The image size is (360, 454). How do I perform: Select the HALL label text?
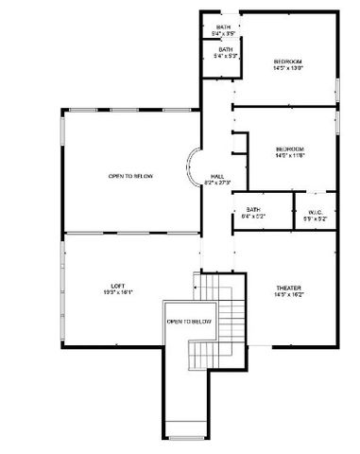pos(216,176)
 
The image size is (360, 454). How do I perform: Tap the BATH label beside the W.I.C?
pos(253,209)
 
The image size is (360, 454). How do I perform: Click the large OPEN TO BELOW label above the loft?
pos(130,176)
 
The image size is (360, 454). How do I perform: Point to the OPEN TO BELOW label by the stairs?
pos(190,322)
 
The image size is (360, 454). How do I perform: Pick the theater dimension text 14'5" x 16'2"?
pos(288,294)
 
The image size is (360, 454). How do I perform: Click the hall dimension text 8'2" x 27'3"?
pos(216,183)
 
